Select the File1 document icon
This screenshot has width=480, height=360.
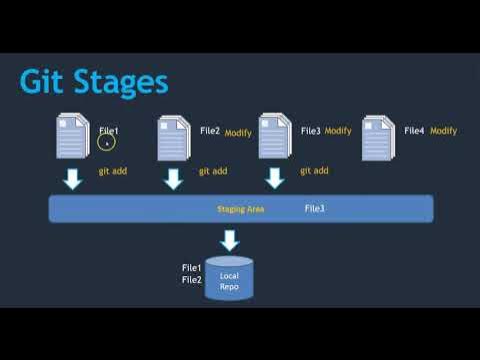[73, 138]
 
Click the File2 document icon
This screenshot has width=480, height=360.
[174, 138]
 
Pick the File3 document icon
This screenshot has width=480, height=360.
[275, 138]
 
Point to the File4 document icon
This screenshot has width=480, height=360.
[377, 138]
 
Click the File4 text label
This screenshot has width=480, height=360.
[414, 131]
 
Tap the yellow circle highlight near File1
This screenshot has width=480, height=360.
[106, 142]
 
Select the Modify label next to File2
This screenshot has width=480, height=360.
[238, 133]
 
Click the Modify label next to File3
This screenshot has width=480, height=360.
[338, 131]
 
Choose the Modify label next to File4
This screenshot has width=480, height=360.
[443, 131]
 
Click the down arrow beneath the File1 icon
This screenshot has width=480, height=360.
[73, 179]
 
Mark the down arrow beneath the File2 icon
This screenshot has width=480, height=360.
[174, 179]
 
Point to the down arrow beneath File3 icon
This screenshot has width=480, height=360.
[275, 179]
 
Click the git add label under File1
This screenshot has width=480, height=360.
[112, 171]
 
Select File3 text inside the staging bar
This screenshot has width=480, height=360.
[314, 208]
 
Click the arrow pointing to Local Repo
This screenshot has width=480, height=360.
[229, 240]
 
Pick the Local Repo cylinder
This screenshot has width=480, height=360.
[229, 278]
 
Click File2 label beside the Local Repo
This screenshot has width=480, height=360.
[192, 280]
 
